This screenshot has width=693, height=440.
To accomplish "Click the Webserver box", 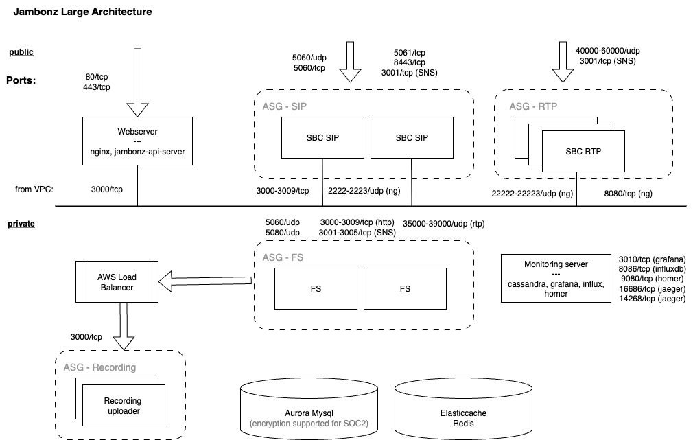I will (137, 141).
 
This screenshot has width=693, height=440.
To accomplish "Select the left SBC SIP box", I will (322, 137).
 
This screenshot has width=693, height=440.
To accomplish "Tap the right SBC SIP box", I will (412, 137).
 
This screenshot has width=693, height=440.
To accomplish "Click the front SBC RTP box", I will (583, 151).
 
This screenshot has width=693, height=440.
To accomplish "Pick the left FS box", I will (316, 288).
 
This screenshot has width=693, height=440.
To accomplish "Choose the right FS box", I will (405, 288).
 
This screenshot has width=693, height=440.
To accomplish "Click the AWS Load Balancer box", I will (117, 282).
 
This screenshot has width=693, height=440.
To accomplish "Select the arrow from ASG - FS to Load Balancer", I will (206, 279).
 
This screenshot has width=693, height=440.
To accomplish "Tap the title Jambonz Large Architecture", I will (83, 12).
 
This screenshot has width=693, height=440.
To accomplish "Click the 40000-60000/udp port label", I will (608, 51).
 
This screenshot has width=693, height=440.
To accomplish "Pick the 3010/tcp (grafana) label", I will (653, 260).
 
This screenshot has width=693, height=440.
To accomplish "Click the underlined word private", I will (21, 224).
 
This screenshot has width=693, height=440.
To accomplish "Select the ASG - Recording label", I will (99, 367).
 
